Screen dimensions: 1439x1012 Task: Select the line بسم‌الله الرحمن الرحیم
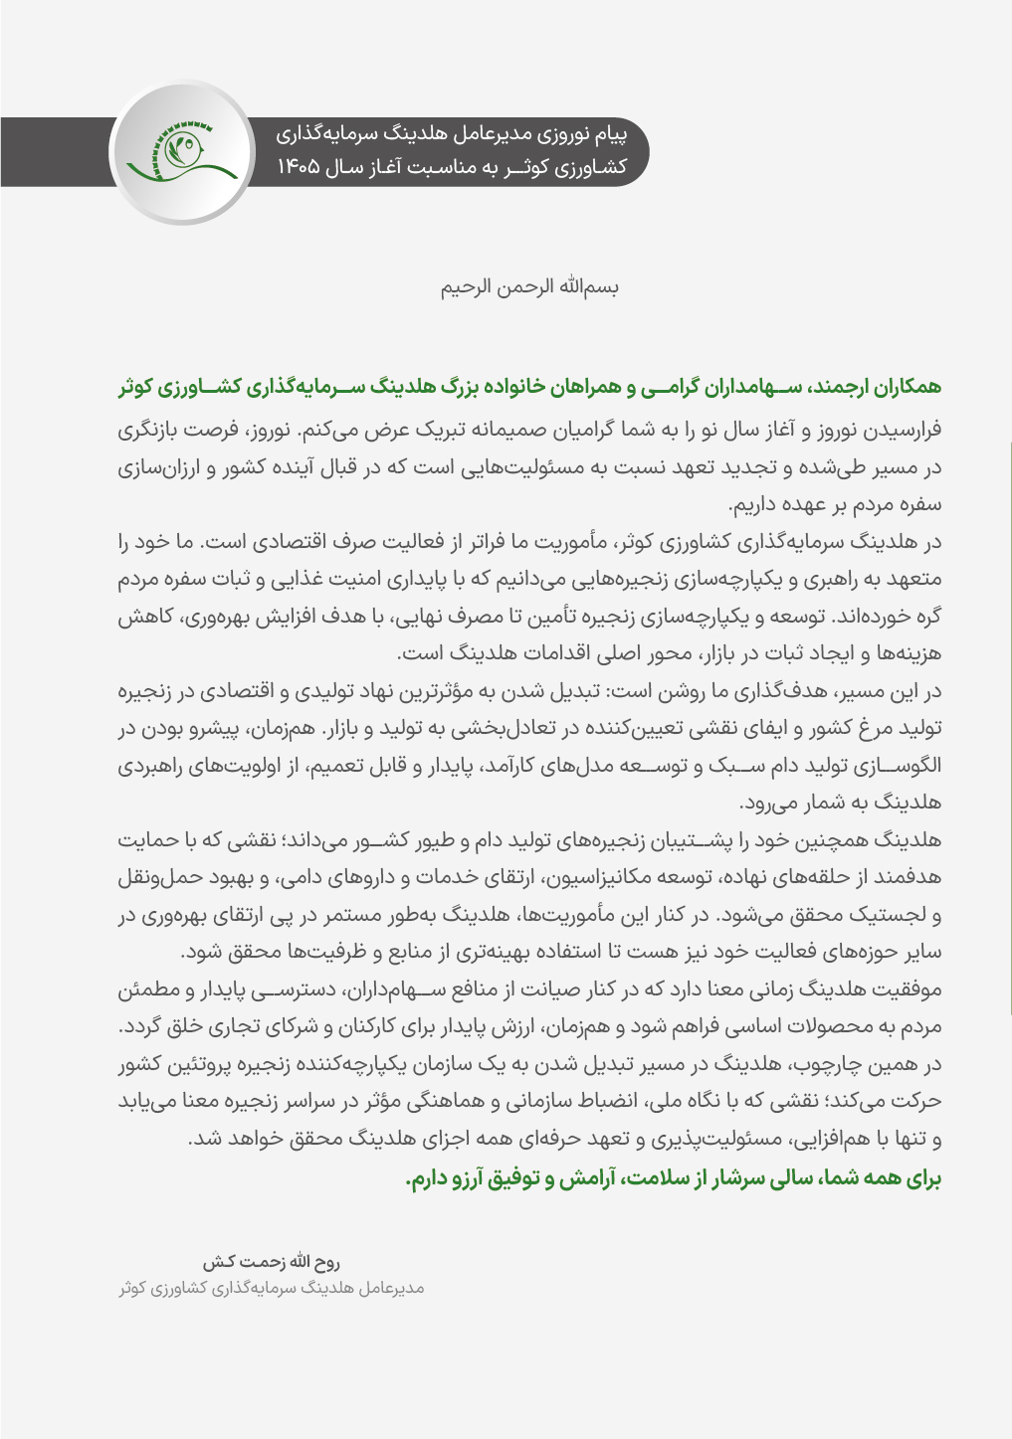[x=530, y=287]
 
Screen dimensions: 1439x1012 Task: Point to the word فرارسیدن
[x=902, y=432]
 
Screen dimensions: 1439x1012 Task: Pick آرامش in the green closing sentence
[x=581, y=1179]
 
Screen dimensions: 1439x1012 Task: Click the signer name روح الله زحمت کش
[x=272, y=1262]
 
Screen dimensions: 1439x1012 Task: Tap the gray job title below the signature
[x=272, y=1289]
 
